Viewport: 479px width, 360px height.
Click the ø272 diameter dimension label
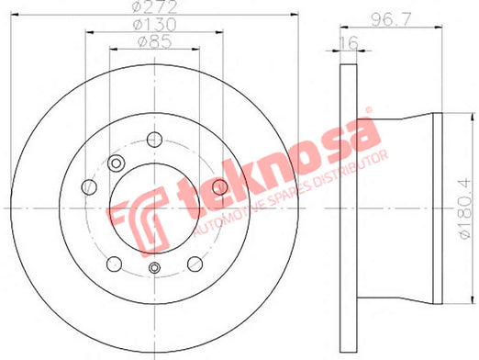(154, 6)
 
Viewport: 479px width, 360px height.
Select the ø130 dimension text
(154, 25)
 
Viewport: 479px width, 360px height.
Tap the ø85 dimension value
(155, 42)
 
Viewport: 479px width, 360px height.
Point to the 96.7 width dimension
(391, 20)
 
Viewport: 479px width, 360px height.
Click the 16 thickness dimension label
(349, 42)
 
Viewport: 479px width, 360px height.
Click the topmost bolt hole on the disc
(154, 140)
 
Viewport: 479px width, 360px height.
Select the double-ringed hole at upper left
(116, 163)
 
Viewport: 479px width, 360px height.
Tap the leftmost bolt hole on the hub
(89, 187)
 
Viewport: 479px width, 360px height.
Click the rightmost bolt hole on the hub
(219, 187)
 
